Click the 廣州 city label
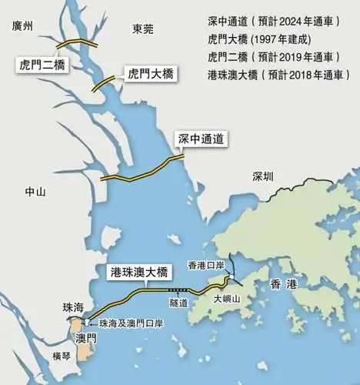point(24,27)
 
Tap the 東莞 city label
point(142,29)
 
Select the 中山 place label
point(35,192)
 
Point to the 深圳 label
point(262,176)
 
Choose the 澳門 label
point(86,338)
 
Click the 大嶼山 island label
point(227,298)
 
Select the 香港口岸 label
point(205,266)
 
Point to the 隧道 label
point(179,303)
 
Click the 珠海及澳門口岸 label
point(131,323)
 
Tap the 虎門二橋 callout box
point(41,65)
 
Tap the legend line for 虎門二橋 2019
point(274,57)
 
